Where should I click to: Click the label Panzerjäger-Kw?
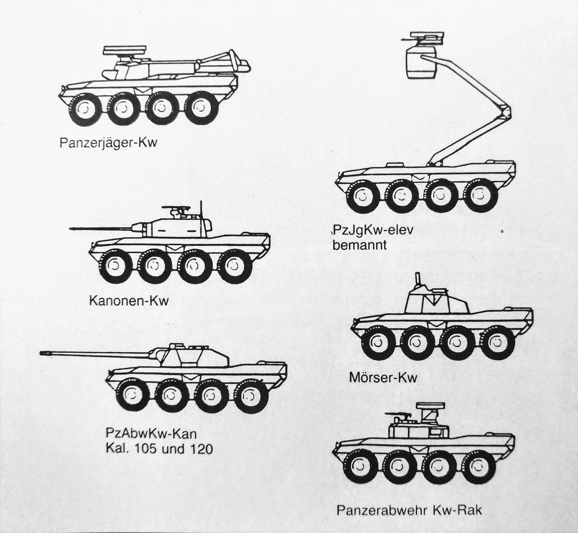point(109,144)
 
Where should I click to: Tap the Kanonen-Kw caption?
point(129,301)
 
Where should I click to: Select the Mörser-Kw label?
point(383,377)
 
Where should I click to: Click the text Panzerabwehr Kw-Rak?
point(409,510)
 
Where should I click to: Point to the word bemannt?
point(360,245)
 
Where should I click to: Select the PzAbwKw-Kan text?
point(151,433)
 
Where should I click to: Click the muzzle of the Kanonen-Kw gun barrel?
point(72,228)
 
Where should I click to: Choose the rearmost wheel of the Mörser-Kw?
point(498,342)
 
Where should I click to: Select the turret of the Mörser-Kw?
point(435,301)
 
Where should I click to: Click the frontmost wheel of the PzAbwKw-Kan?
point(131,396)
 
